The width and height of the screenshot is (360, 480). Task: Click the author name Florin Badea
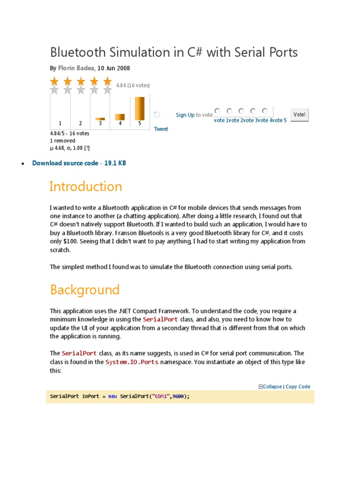pos(76,68)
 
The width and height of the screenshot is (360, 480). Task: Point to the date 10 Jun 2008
pos(114,68)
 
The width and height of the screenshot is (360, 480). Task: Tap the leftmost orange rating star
pos(54,82)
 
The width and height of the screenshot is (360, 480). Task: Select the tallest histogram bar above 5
pos(140,109)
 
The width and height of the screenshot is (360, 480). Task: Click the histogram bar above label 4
pos(120,117)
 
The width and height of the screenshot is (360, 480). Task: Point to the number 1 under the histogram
pos(60,123)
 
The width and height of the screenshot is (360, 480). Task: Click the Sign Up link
pos(185,115)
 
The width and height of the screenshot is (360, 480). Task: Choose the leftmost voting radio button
pos(217,111)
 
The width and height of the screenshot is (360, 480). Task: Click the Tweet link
pos(161,129)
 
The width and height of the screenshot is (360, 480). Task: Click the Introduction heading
pos(86,187)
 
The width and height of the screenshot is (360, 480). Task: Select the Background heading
pos(85,290)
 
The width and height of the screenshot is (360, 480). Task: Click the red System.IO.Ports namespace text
pos(132,362)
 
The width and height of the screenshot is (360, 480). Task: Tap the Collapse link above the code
pos(272,387)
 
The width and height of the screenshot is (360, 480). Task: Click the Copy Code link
pos(298,387)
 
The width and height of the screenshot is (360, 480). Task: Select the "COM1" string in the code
pos(160,397)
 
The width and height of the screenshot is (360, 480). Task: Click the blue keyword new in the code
pos(112,397)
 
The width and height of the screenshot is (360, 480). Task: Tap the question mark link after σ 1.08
pos(87,148)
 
